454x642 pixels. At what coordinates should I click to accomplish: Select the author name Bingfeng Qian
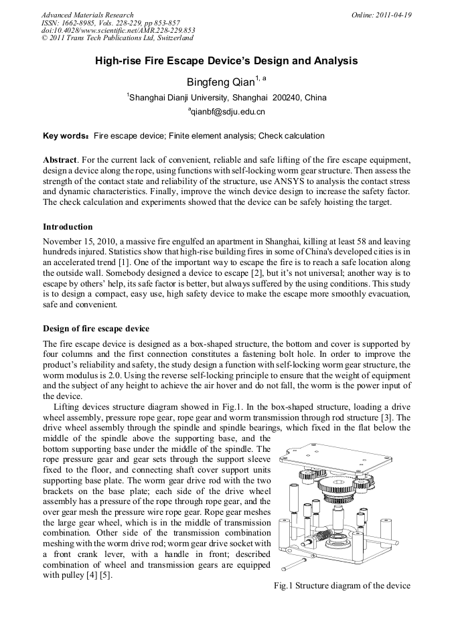click(x=220, y=82)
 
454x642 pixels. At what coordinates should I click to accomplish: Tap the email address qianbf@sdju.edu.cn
click(x=228, y=112)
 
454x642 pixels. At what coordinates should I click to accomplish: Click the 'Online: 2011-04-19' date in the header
click(x=382, y=15)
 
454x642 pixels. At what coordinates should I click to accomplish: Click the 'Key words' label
click(x=65, y=136)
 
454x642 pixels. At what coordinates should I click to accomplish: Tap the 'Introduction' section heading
click(x=68, y=227)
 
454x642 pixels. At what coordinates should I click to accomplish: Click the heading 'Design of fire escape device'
click(x=96, y=328)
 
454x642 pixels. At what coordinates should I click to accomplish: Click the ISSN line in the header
click(x=110, y=23)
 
